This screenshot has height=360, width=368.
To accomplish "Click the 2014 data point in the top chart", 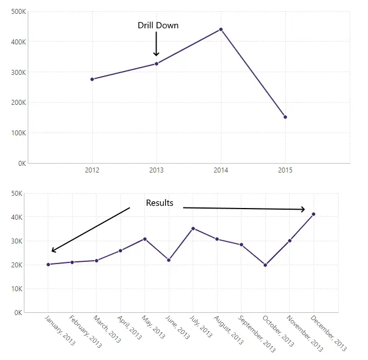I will click(221, 29).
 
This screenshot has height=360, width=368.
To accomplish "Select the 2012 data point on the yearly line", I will click(92, 79).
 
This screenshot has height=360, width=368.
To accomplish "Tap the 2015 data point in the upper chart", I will click(285, 117).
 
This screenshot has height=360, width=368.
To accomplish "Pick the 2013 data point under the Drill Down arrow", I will click(157, 64).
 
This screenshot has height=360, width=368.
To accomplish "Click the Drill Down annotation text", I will click(158, 26).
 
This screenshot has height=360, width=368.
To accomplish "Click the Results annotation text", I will click(159, 203).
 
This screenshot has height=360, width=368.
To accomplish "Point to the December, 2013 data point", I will click(314, 214).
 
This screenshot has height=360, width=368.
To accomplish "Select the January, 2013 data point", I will click(48, 265).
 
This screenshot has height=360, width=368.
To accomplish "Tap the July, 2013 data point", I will click(193, 229).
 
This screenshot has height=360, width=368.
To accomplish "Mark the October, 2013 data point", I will click(265, 265).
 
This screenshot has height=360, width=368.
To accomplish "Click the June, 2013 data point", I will click(169, 260).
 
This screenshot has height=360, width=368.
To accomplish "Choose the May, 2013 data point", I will click(145, 239).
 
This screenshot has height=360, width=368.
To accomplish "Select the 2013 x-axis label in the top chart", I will click(157, 170).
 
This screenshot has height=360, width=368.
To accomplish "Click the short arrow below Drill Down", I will click(157, 44).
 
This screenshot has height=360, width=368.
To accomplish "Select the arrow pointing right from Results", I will click(244, 209).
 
